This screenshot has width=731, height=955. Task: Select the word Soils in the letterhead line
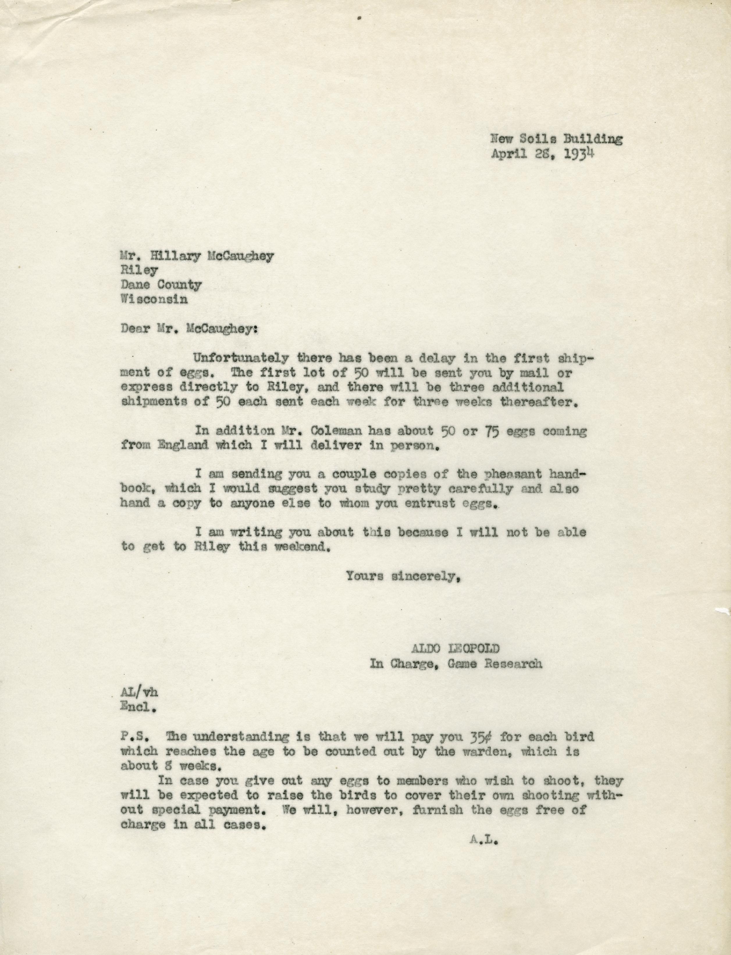(536, 140)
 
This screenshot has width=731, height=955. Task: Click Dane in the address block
(137, 285)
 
